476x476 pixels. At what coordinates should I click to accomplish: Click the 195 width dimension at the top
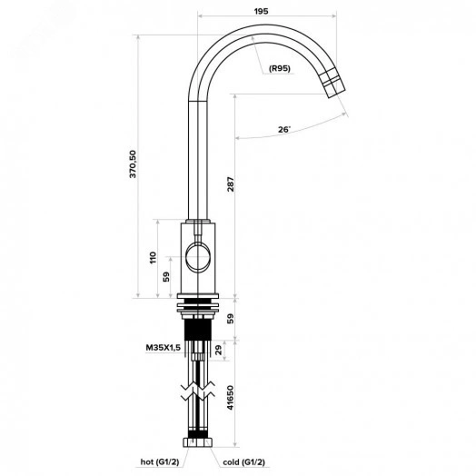pos(261,11)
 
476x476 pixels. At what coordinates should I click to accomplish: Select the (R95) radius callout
pos(280,69)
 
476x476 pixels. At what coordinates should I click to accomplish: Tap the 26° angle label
pos(284,130)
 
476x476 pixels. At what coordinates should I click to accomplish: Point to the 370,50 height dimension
pos(133,164)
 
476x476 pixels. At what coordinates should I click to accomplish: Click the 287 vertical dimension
pos(231,184)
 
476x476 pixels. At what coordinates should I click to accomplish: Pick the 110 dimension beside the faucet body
pos(154,258)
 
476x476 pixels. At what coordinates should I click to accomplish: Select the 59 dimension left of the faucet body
pos(166,277)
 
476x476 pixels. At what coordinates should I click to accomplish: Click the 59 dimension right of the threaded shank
pos(231,319)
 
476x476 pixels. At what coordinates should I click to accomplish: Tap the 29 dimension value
pos(219,350)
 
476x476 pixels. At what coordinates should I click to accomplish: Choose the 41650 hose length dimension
pos(231,398)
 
